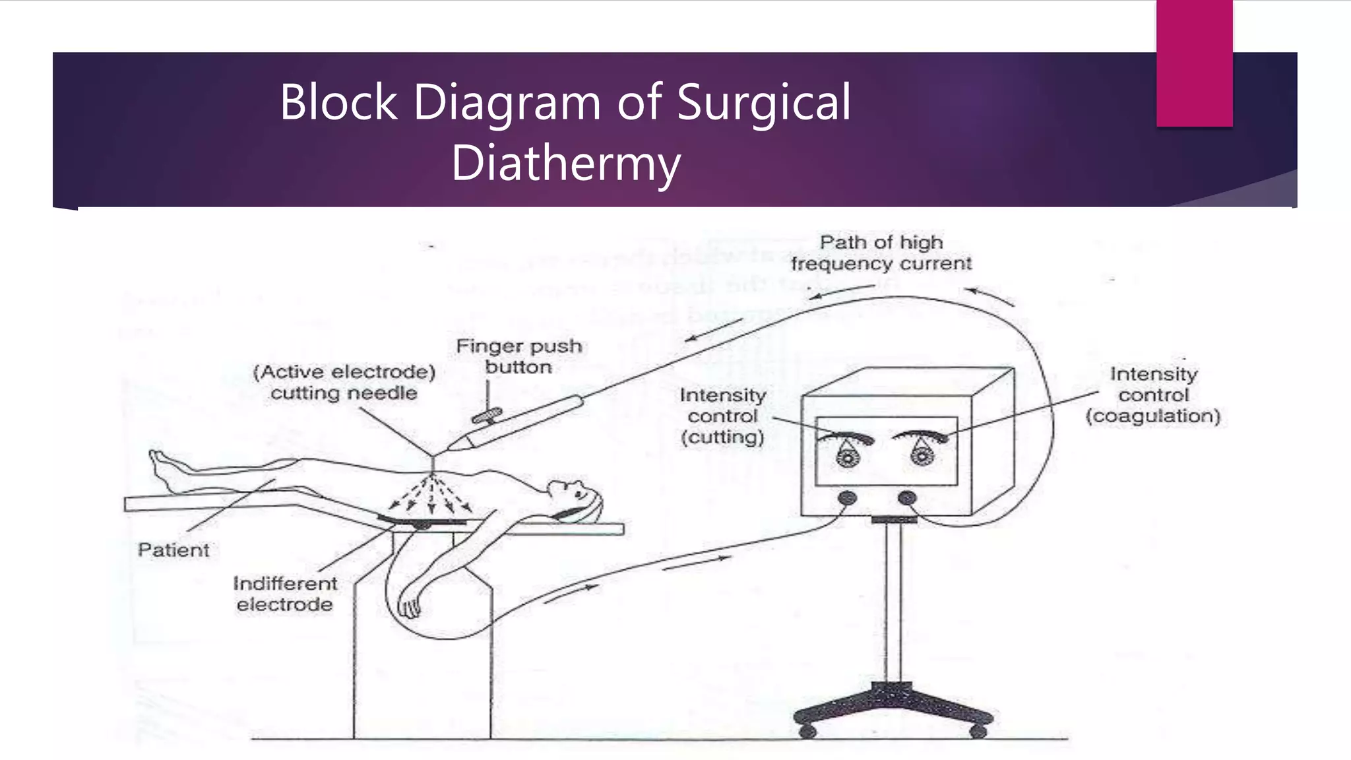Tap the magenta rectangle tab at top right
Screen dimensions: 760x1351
click(1194, 63)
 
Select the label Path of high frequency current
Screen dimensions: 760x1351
click(881, 253)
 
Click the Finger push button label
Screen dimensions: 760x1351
click(518, 357)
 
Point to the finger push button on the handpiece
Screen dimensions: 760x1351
click(487, 416)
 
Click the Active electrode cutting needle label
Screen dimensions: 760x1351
click(344, 383)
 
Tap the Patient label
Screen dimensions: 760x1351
click(173, 550)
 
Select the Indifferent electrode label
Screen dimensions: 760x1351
click(285, 594)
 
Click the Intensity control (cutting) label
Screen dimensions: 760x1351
click(723, 416)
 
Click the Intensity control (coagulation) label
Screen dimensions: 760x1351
click(1153, 395)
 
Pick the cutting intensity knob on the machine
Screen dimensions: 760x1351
click(847, 456)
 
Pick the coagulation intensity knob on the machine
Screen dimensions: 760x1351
click(922, 456)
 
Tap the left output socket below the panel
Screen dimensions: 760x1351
click(848, 497)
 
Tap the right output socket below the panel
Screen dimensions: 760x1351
click(907, 497)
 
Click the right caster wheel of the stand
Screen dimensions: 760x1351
click(978, 730)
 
